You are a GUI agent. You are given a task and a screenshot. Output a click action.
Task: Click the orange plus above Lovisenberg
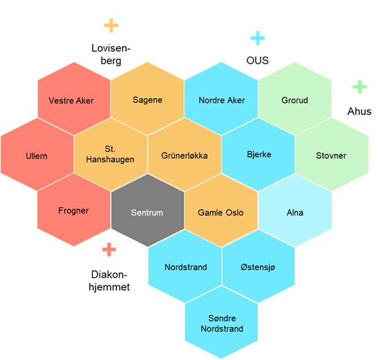[x=111, y=25]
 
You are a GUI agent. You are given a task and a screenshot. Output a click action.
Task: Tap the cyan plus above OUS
[x=258, y=38]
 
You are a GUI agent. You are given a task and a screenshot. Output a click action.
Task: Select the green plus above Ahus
[x=360, y=87]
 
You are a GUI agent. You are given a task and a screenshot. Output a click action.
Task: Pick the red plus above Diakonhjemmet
[x=109, y=249]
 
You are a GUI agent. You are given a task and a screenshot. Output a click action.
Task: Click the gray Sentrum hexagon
[x=148, y=210]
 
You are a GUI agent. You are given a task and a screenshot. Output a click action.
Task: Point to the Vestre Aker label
[x=71, y=101]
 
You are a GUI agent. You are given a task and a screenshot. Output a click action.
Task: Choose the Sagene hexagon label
[x=147, y=100]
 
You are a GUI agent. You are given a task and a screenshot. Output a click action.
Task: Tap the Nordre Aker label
[x=222, y=100]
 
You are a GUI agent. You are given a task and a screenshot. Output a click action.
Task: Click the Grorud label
[x=294, y=100]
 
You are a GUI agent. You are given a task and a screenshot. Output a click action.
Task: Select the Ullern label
[x=37, y=156]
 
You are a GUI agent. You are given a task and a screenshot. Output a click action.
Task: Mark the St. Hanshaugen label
[x=110, y=154]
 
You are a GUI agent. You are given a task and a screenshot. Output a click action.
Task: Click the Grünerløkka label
[x=185, y=155]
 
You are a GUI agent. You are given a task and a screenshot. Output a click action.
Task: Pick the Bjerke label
[x=259, y=155]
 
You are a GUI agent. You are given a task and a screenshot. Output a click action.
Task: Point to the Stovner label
[x=331, y=155]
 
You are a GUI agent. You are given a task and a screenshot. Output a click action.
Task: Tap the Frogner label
[x=73, y=211]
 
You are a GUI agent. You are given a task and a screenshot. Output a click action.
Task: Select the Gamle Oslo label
[x=220, y=213]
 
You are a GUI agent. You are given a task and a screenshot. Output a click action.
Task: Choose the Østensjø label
[x=258, y=267]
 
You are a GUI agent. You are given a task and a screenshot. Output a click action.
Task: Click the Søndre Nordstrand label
[x=222, y=323]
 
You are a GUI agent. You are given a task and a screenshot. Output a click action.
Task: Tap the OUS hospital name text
[x=257, y=61]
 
